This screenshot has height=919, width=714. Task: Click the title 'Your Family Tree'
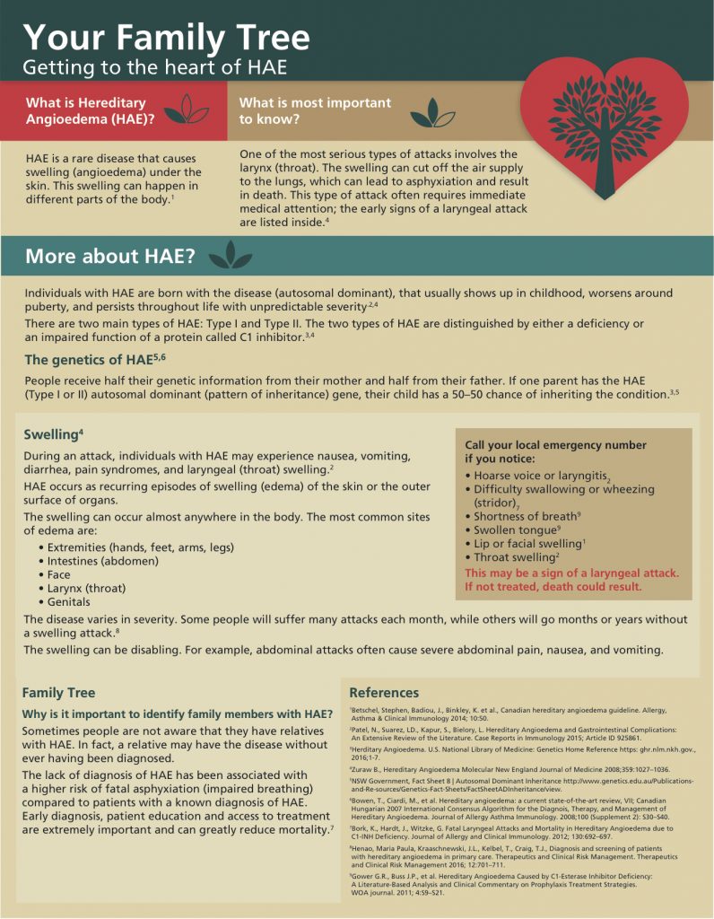coord(166,37)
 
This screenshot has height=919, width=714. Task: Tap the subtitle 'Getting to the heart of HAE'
coord(154,67)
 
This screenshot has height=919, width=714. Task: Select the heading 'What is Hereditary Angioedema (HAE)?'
coord(86,110)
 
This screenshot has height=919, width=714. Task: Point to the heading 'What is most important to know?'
coord(315,110)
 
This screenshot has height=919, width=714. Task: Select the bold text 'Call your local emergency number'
coord(555,445)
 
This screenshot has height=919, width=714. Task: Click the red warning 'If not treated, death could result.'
coord(553,587)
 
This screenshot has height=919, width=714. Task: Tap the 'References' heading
coord(384,692)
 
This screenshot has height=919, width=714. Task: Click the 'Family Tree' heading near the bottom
coord(58,692)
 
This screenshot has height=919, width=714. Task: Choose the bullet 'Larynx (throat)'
coord(86,588)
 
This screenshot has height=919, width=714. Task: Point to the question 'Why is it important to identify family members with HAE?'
coord(178,714)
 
